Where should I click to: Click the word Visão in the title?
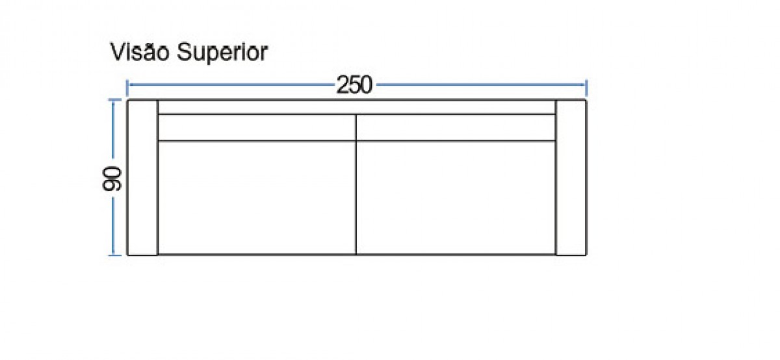140,52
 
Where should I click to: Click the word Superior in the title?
222,53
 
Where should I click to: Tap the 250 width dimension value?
354,85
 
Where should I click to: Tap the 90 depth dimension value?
112,179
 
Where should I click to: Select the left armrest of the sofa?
143,177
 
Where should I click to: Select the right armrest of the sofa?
571,177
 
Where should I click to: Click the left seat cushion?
257,198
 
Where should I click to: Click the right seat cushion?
456,198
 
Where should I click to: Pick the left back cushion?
257,127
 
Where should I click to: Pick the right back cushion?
456,127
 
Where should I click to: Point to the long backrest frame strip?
357,107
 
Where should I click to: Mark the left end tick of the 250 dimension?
127,88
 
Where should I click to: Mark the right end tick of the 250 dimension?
586,88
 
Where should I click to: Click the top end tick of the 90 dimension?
115,100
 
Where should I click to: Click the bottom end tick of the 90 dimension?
115,255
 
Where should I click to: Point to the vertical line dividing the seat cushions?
356,185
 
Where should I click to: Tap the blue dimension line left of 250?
231,84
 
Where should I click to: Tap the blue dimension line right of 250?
481,84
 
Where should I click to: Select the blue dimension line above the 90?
113,129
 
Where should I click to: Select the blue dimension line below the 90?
113,226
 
